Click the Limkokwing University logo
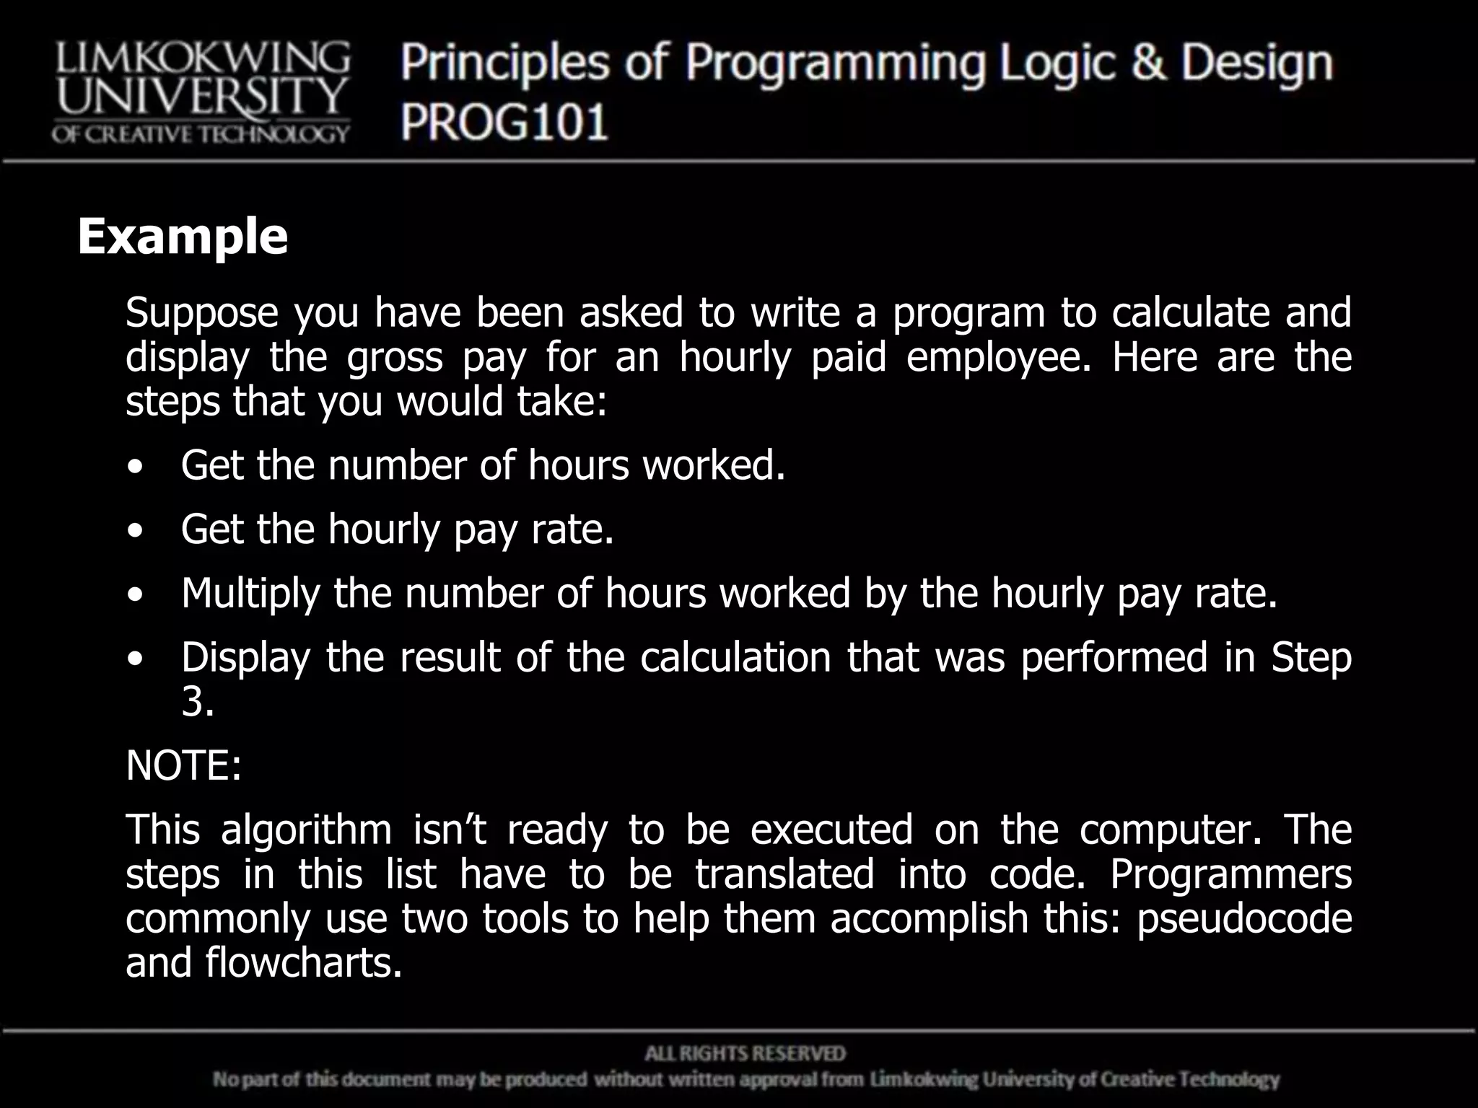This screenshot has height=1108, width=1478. pos(201,92)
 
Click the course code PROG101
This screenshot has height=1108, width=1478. pos(504,121)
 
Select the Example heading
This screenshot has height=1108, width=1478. pos(183,237)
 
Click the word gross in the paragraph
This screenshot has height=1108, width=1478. pos(394,357)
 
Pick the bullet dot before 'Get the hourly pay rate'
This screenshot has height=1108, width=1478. pos(134,532)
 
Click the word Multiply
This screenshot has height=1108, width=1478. pos(250,594)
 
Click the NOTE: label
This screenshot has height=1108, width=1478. pos(183,765)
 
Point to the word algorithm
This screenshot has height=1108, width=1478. pos(306,830)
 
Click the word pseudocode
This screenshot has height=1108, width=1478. pos(1244,919)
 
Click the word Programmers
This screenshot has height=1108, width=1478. pos(1230,874)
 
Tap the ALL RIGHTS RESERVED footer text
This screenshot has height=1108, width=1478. pos(745,1054)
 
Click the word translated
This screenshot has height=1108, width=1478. pos(784,874)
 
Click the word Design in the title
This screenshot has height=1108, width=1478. pos(1256,63)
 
